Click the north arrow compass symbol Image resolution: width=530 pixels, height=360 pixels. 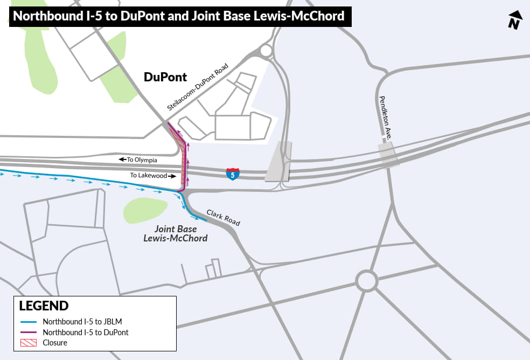pos(515,20)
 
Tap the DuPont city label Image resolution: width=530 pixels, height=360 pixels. pos(165,77)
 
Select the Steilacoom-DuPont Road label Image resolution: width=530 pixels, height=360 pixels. pos(198,87)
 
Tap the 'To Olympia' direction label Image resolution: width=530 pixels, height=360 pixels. pos(138,160)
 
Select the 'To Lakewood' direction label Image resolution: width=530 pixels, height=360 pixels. pos(153,176)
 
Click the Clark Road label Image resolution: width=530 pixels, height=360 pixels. pos(223,217)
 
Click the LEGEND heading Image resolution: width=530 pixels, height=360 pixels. pos(44,306)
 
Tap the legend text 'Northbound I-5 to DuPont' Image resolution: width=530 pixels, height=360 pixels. pos(86,333)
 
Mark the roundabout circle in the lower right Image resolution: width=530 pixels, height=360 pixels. pos(366,281)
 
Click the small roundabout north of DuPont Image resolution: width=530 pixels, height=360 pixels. pos(266,51)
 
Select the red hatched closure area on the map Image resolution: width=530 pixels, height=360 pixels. pos(184,162)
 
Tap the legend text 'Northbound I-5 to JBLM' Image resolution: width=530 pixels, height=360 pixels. pos(82,322)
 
